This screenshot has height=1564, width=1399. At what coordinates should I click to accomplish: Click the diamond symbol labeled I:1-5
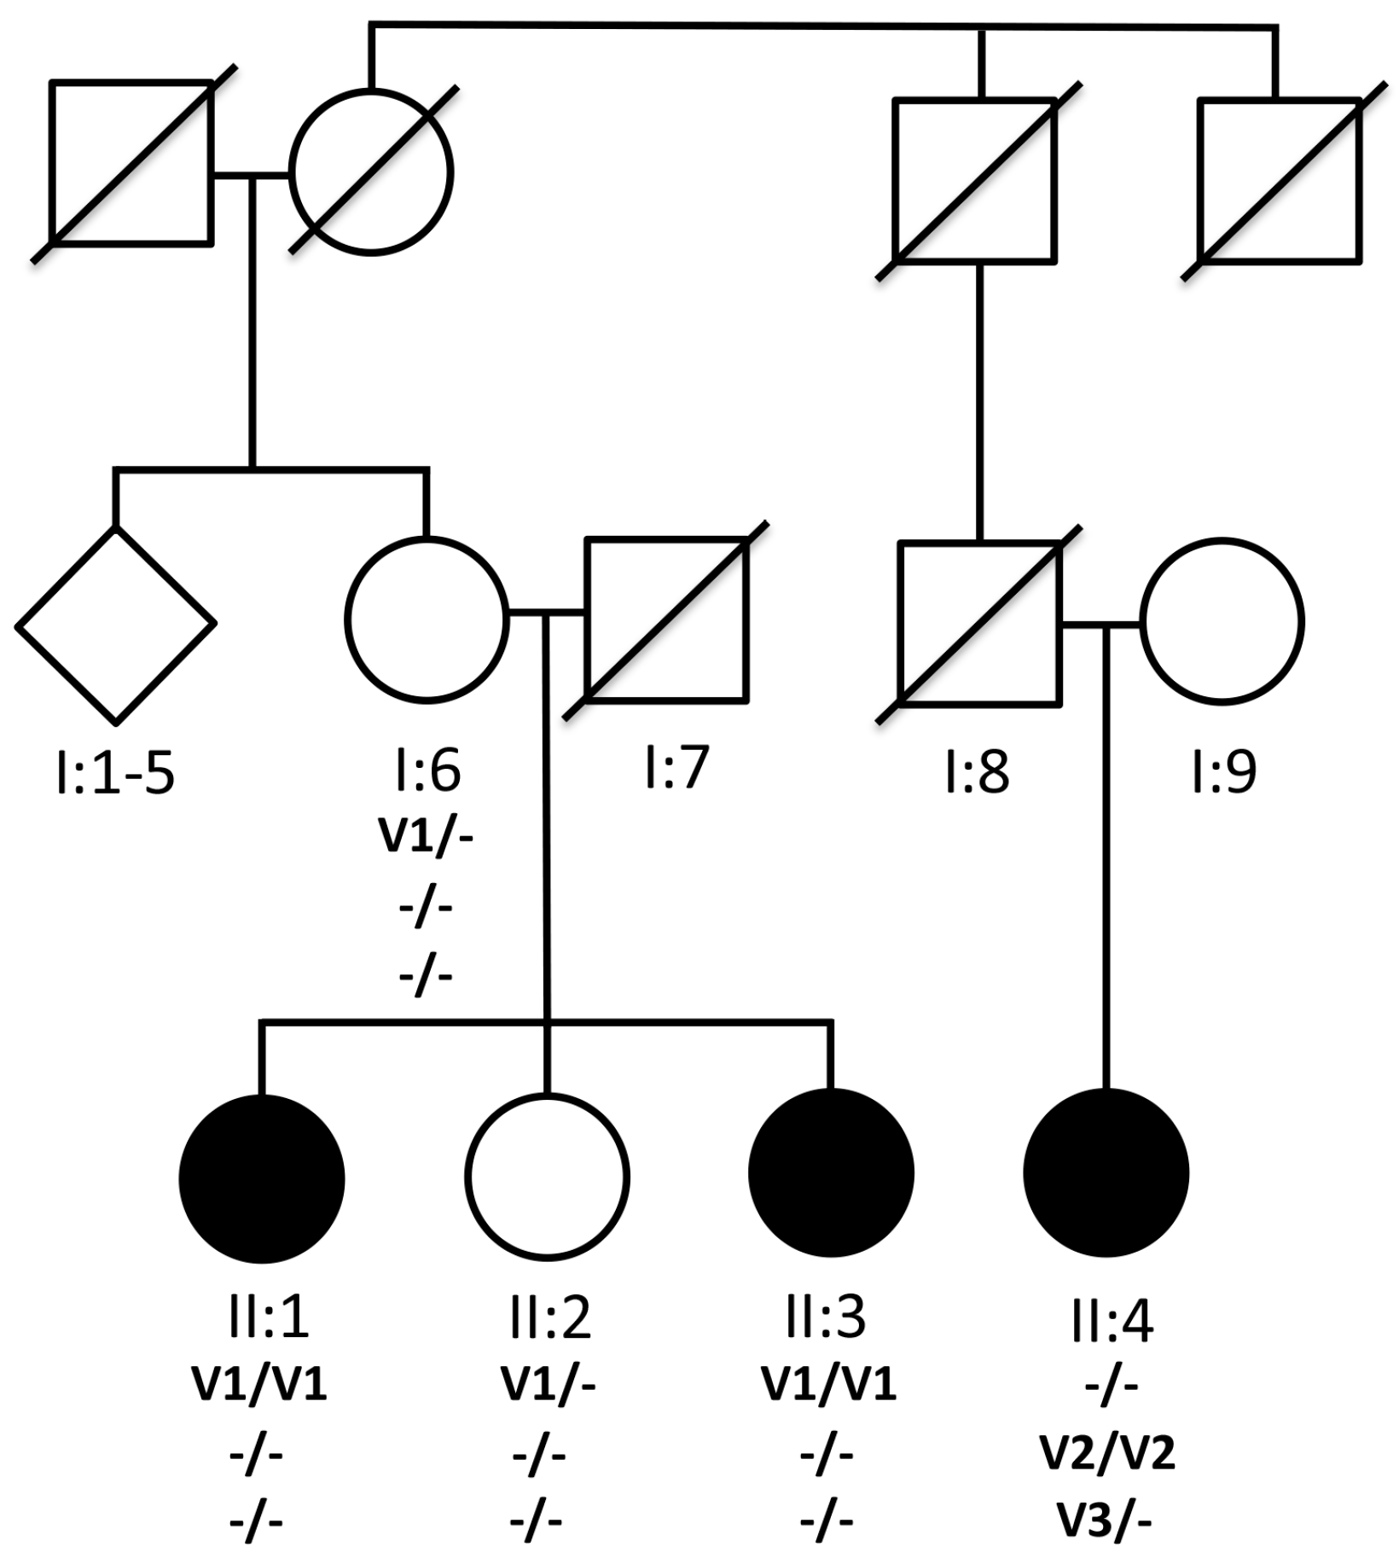[116, 625]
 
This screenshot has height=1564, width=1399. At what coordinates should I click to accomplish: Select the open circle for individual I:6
[427, 620]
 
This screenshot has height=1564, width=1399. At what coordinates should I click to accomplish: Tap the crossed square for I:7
[666, 619]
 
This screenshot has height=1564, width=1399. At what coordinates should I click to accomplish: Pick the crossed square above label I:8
[980, 624]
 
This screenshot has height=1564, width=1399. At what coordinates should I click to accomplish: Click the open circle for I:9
[1222, 622]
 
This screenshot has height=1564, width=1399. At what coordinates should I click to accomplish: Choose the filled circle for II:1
[262, 1177]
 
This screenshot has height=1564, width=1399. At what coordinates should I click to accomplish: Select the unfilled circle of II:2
[548, 1176]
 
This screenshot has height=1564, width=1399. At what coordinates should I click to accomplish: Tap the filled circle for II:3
[831, 1172]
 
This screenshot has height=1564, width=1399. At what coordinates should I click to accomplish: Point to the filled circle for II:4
[1106, 1172]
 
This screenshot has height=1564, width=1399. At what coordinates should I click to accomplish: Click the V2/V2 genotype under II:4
[1107, 1452]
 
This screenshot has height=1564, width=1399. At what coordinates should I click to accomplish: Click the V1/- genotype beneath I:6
[426, 837]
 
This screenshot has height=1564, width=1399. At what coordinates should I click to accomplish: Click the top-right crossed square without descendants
[1279, 180]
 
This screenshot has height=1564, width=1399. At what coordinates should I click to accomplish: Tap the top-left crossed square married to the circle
[131, 163]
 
